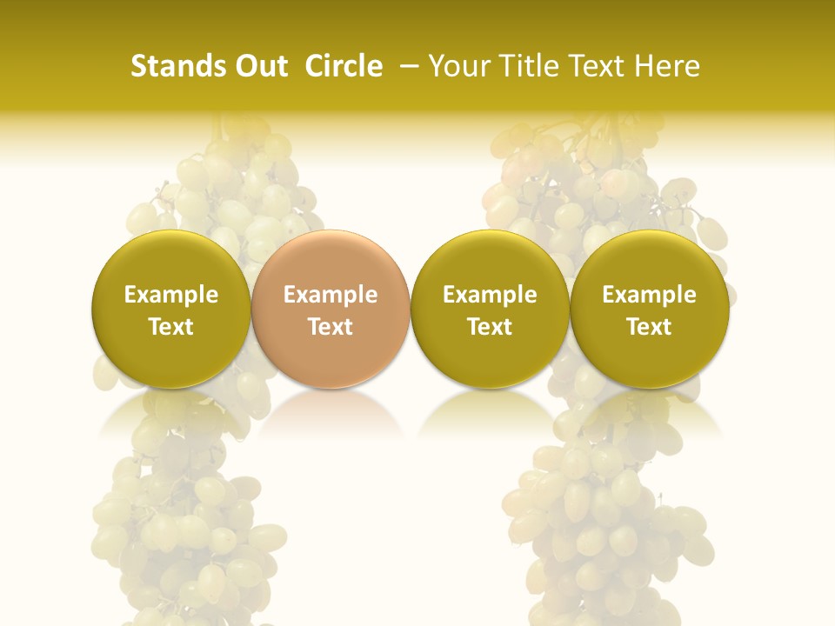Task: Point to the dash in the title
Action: [x=405, y=66]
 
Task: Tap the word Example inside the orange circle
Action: [x=331, y=295]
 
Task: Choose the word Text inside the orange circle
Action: [x=331, y=327]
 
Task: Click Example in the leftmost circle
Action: [x=171, y=295]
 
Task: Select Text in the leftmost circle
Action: [x=171, y=327]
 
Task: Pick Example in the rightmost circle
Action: [x=650, y=295]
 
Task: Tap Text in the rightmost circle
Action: [x=650, y=327]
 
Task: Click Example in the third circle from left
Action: [x=490, y=295]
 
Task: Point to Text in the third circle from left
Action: [x=490, y=327]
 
